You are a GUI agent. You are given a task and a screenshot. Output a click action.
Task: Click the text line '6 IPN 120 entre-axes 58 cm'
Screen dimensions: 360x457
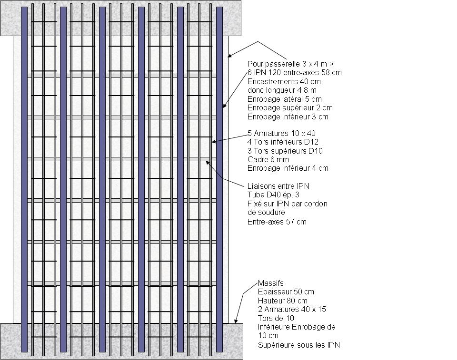coord(294,73)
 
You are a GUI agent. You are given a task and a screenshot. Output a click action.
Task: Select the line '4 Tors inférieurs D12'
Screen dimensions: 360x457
coord(283,142)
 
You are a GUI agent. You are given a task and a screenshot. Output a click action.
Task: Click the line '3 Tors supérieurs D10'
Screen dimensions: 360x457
coord(285,151)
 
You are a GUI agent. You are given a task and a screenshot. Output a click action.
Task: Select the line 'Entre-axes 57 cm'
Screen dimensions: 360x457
coord(277,222)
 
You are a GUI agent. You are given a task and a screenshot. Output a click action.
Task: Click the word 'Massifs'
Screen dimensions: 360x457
coord(270,283)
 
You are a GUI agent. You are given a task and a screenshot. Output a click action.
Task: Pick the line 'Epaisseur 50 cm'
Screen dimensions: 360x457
coord(286,292)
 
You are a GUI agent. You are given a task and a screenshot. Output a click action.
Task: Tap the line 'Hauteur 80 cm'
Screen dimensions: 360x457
coord(282,301)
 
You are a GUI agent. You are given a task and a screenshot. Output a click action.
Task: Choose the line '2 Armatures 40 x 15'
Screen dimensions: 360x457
coord(291,309)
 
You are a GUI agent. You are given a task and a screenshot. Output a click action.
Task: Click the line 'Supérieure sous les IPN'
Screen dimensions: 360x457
coord(298,345)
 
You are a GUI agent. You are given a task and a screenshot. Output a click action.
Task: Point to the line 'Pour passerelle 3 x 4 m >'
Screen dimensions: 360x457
coord(289,64)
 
